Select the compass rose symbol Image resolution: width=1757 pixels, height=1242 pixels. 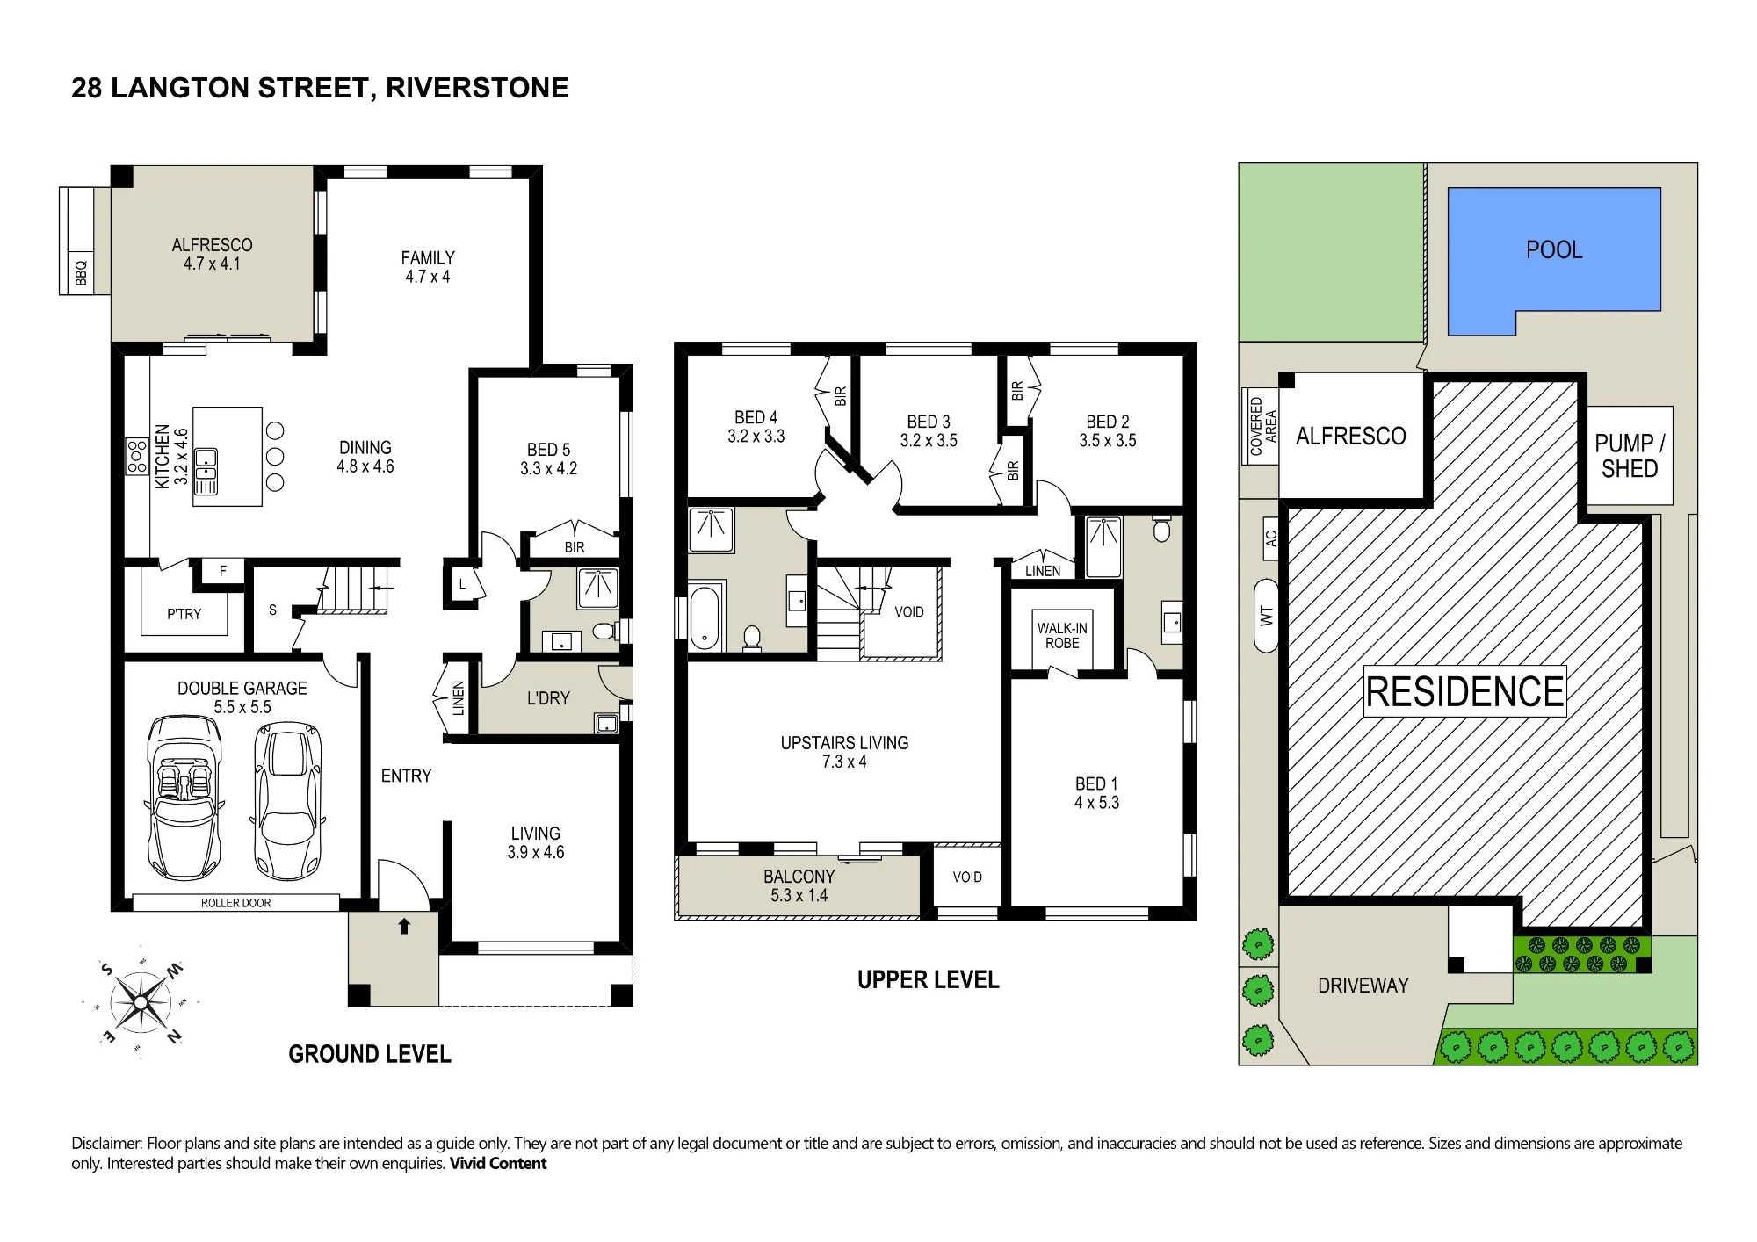coord(141,1002)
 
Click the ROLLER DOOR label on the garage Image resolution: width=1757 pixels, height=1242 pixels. coord(235,903)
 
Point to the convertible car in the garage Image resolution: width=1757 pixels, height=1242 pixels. coord(184,798)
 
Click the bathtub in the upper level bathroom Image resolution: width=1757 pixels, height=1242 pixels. coord(705,617)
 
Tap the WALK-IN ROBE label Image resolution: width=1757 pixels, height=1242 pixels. coord(1062,635)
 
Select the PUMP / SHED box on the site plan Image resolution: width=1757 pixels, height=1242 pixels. coord(1630,455)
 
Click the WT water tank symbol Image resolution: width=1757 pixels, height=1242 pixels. coord(1266,616)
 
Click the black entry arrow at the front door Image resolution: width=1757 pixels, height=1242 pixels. coord(404,926)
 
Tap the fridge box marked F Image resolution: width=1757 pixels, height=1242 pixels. coord(223,571)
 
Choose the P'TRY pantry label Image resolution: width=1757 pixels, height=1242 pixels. coord(184,614)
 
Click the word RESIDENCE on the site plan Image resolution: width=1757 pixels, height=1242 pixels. coord(1465,691)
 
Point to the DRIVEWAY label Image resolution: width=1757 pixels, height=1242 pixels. coord(1363,986)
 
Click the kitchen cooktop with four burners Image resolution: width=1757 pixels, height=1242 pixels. coord(138,457)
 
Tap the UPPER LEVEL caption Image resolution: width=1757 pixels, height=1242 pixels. coord(928,979)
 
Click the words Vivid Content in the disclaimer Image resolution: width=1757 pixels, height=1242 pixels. coord(498,1163)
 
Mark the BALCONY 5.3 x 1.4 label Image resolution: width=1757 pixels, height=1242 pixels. coord(799,885)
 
